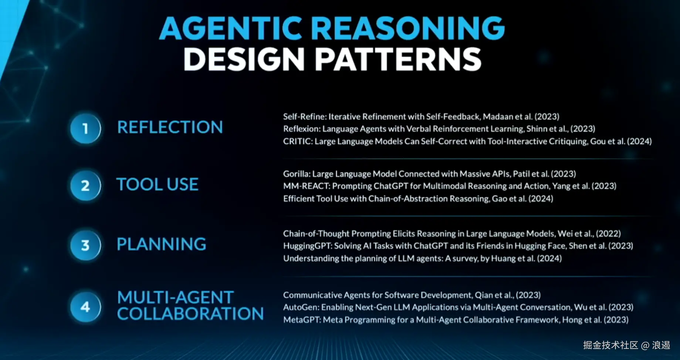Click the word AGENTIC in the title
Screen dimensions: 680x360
click(x=231, y=28)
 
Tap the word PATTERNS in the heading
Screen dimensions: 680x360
click(x=398, y=59)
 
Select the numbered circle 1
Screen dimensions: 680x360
click(x=85, y=128)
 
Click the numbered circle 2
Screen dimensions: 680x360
click(x=85, y=185)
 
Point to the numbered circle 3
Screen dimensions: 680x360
click(x=85, y=245)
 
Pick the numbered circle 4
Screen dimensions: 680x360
click(x=85, y=307)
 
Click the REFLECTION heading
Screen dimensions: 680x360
click(x=170, y=127)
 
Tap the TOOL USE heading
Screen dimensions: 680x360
click(x=158, y=184)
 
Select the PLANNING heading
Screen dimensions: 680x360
click(x=162, y=244)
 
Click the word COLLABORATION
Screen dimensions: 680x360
click(x=190, y=314)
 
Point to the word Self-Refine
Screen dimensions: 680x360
click(x=304, y=117)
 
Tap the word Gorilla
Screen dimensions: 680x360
click(x=296, y=174)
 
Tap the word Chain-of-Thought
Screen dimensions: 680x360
click(x=316, y=234)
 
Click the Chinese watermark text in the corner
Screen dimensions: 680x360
click(x=627, y=345)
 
